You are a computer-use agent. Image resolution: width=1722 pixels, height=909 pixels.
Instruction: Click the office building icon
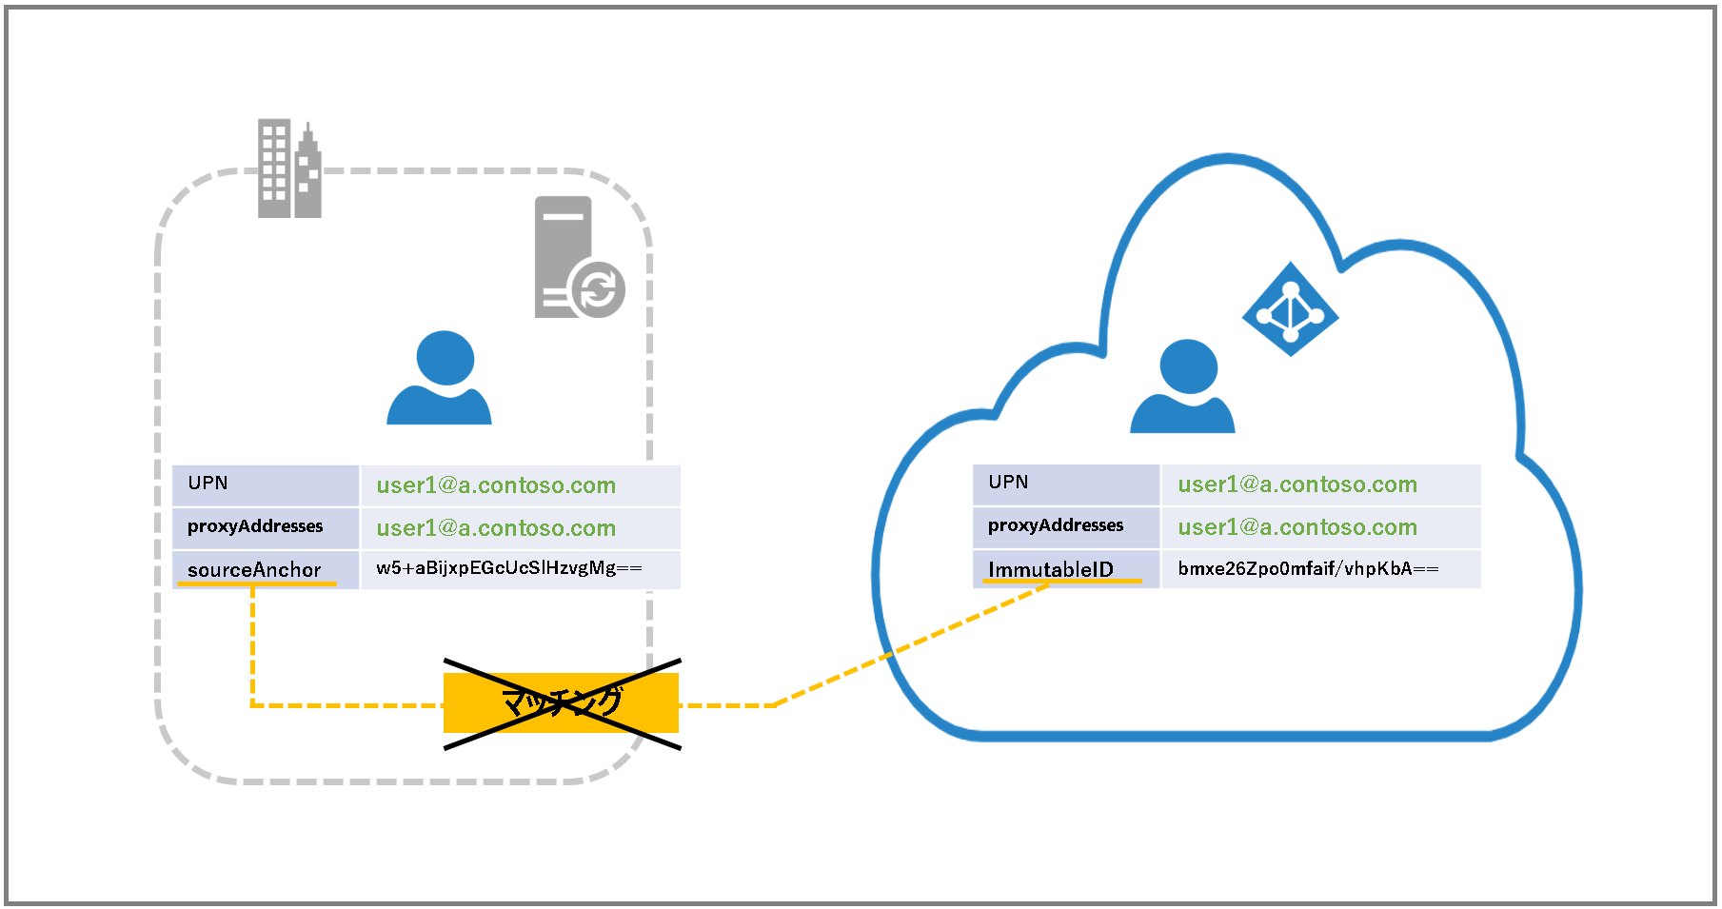coord(289,168)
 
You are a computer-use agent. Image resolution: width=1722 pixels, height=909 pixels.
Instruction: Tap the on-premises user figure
coord(439,377)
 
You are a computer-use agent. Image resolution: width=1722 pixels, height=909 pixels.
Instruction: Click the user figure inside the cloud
coord(1182,385)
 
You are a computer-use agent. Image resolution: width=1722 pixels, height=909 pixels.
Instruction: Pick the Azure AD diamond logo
coord(1290,309)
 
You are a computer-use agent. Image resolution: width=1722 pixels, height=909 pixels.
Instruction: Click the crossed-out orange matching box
coord(561,703)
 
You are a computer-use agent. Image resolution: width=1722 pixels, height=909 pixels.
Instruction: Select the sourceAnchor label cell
coord(266,570)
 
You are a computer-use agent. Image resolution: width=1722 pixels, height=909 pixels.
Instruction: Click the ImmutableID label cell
coord(1066,569)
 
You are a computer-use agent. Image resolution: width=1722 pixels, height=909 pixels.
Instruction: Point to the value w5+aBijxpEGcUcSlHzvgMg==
coord(509,568)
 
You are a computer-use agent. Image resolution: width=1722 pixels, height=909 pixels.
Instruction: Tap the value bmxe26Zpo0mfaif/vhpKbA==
coord(1308,568)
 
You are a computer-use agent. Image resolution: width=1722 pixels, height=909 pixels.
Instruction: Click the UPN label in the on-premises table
coord(208,483)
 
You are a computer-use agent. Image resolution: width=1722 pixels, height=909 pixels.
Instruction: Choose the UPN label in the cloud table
coord(1008,482)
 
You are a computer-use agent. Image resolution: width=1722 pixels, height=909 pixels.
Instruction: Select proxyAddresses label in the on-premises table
coord(255,526)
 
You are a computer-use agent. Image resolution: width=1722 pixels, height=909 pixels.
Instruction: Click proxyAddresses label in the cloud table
coord(1056,525)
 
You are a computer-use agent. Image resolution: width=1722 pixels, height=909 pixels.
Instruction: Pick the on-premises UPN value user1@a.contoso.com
coord(496,485)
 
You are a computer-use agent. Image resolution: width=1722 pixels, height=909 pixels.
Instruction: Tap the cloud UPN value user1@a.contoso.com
coord(1297,484)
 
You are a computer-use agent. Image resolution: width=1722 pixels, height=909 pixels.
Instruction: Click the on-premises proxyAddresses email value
coord(496,528)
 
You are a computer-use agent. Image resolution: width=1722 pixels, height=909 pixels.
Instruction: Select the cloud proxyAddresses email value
coord(1297,527)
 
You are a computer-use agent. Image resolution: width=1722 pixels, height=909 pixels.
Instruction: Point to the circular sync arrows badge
coord(598,289)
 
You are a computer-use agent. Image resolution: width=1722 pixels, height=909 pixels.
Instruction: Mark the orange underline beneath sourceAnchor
coord(257,583)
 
